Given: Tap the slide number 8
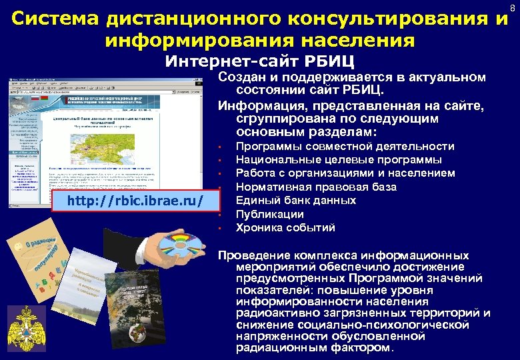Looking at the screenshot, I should click(512, 8).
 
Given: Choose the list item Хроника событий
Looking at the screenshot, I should click(280, 228).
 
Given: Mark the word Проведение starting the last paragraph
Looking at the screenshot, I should click(256, 256).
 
